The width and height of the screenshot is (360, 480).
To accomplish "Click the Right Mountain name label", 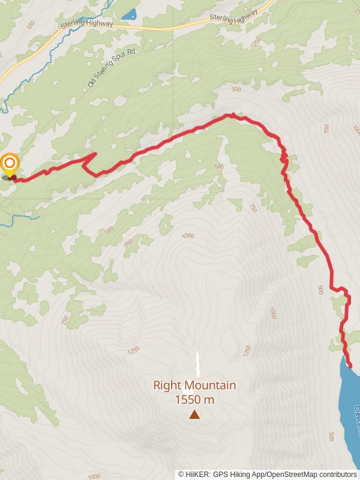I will (x=194, y=386).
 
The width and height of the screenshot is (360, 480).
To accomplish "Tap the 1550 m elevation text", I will (x=194, y=400).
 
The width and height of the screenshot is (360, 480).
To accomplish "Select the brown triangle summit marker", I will (x=194, y=414).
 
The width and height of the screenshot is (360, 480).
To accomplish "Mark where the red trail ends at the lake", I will (x=349, y=365).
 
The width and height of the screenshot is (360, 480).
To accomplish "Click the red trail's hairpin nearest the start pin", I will (x=95, y=154).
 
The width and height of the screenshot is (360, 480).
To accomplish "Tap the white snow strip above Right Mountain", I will (x=198, y=364).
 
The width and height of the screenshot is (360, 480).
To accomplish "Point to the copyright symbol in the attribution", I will (x=181, y=474).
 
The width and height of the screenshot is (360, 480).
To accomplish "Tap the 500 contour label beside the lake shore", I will (x=332, y=437).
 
